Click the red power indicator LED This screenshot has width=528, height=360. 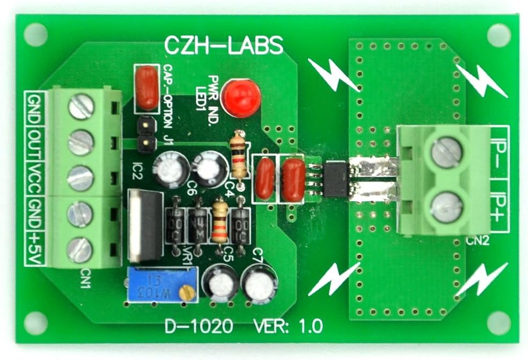[x=240, y=98]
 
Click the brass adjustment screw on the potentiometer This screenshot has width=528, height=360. [x=186, y=292]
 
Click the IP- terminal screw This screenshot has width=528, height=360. [x=446, y=152]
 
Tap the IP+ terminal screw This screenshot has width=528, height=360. [x=446, y=207]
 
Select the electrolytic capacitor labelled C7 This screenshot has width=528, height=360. [x=259, y=285]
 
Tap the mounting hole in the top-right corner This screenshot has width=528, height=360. [x=498, y=35]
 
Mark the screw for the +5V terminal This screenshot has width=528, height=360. [x=80, y=249]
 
